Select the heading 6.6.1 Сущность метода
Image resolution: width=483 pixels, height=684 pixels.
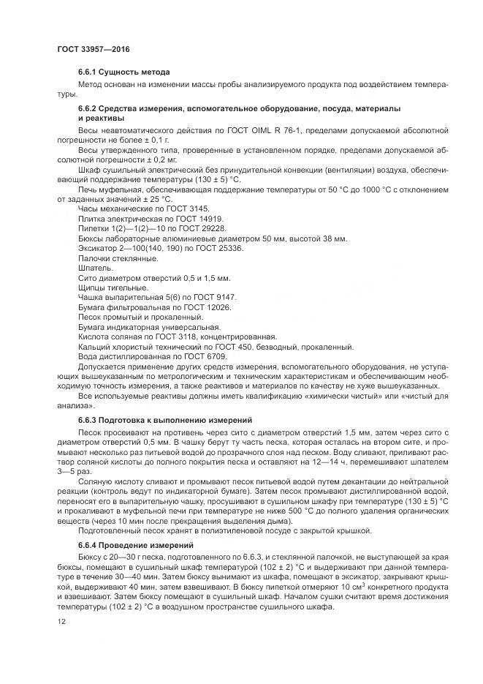click(x=123, y=72)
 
